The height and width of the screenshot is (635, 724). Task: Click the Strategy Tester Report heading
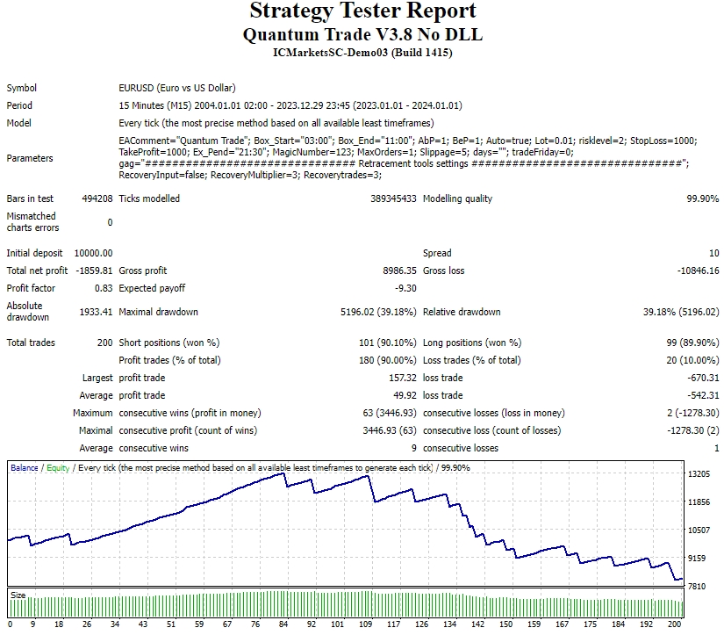click(362, 11)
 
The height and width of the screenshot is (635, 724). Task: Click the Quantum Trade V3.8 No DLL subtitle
click(362, 34)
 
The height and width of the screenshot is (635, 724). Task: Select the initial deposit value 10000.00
click(92, 253)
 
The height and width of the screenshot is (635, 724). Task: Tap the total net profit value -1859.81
click(95, 271)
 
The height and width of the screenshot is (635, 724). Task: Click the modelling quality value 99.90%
click(703, 198)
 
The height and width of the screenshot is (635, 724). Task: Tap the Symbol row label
click(22, 88)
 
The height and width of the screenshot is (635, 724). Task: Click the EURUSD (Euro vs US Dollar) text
click(176, 88)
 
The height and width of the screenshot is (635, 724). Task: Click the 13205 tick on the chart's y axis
click(699, 474)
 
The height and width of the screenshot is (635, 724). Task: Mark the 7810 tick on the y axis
click(699, 586)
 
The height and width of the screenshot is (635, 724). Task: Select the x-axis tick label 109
click(364, 624)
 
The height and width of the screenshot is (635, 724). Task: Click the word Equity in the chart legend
click(58, 468)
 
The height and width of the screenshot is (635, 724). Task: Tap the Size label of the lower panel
click(18, 595)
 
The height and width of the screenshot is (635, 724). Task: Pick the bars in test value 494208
click(97, 198)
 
